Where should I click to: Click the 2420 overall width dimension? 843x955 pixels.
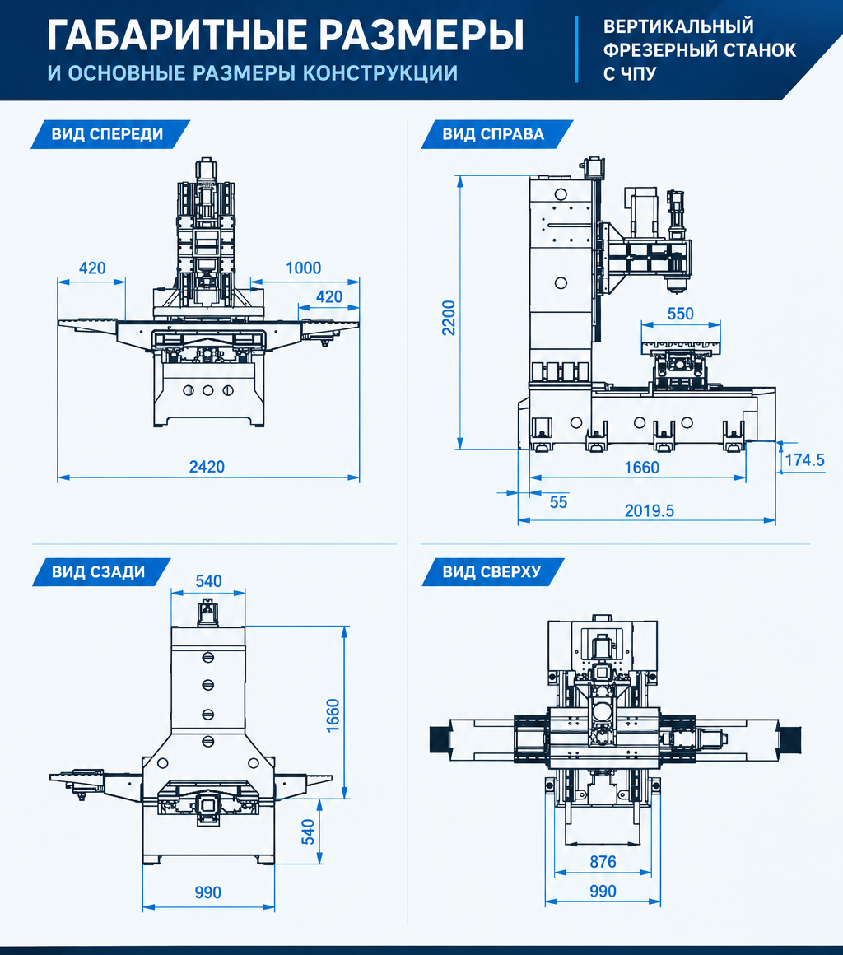point(207,467)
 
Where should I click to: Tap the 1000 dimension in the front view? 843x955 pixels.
point(303,268)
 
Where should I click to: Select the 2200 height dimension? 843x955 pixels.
point(449,317)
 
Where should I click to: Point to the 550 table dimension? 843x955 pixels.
point(680,314)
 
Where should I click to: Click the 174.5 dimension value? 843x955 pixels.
point(804,460)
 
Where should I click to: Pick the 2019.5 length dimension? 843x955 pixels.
point(650,511)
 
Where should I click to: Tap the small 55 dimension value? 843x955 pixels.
point(558,502)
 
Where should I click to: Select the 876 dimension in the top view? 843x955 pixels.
point(603,862)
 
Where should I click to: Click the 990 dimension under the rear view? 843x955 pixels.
point(207,893)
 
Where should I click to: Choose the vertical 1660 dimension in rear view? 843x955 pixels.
point(333,715)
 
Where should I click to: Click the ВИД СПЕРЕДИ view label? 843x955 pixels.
point(107,134)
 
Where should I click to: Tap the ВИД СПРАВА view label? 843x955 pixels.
point(493,134)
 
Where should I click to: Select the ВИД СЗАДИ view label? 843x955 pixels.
point(98,572)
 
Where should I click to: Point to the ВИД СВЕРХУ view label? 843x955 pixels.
point(491,572)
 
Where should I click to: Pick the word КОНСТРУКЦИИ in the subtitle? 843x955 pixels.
point(380,72)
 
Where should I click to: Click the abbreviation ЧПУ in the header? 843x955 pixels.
point(639,74)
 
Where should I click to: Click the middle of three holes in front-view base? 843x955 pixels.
point(208,390)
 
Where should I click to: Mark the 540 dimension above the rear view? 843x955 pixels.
point(208,581)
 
